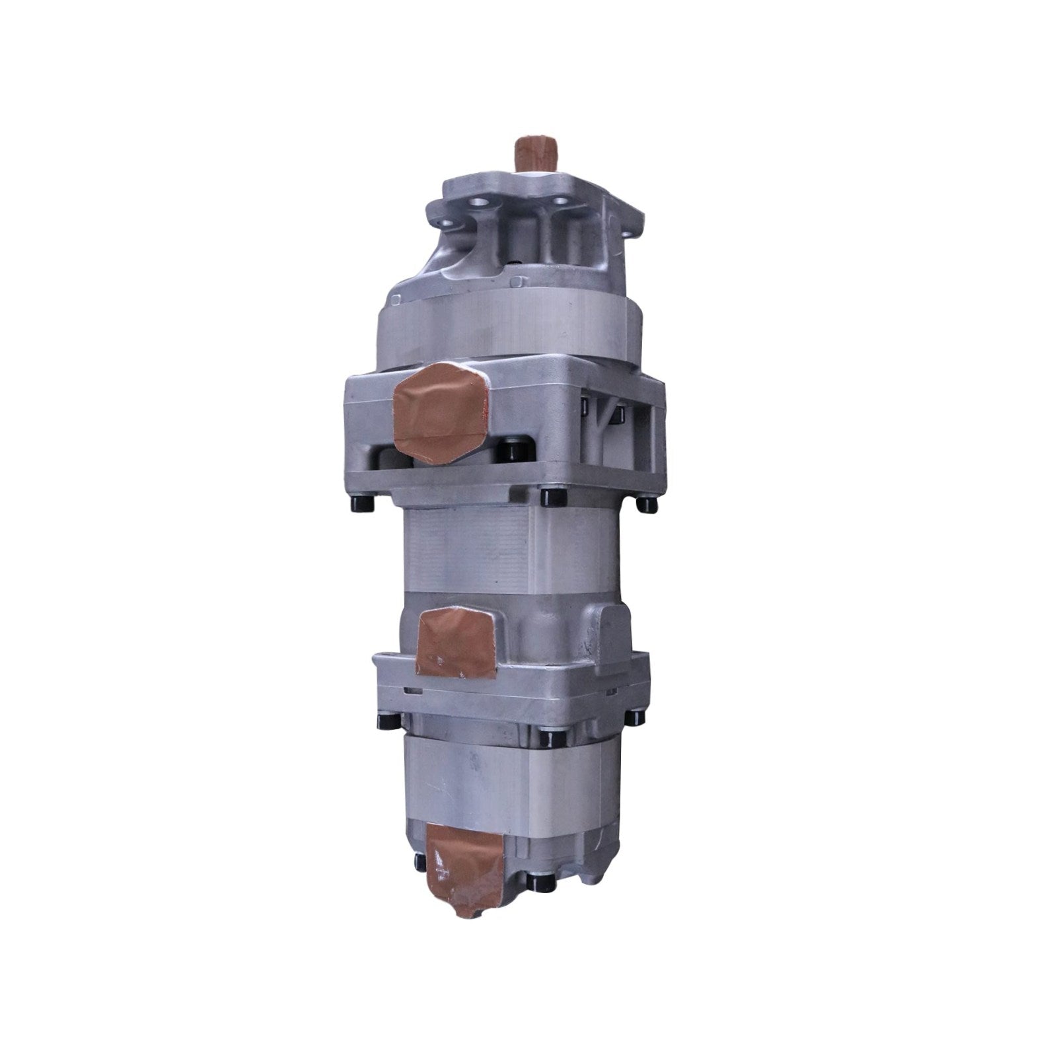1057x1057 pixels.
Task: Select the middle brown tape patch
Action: pos(456,639)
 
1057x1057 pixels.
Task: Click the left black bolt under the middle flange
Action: pos(381,722)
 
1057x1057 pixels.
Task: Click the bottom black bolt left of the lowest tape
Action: pos(418,862)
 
